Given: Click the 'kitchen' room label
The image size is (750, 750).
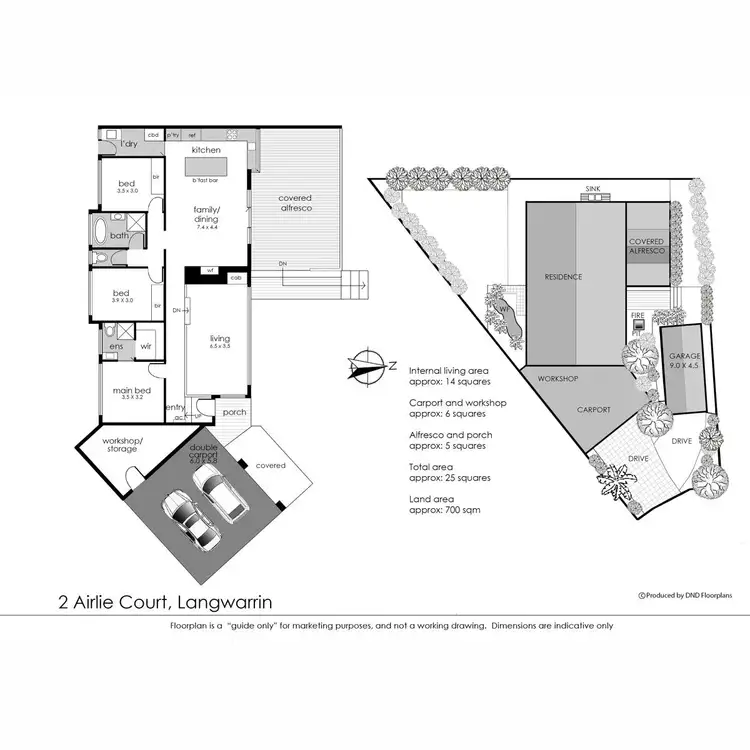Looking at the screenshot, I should click(206, 150).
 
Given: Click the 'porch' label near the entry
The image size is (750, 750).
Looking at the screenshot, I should click(234, 412).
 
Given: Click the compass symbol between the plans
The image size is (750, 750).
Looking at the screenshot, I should click(368, 366).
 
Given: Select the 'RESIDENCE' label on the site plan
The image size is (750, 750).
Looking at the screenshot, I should click(563, 276).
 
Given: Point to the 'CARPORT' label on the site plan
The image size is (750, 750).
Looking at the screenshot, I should click(594, 410).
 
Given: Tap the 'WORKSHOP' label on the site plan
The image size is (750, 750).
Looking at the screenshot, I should click(559, 380).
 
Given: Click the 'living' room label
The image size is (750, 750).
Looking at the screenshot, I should click(220, 340).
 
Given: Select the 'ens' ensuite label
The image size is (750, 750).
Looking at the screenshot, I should click(117, 347).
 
